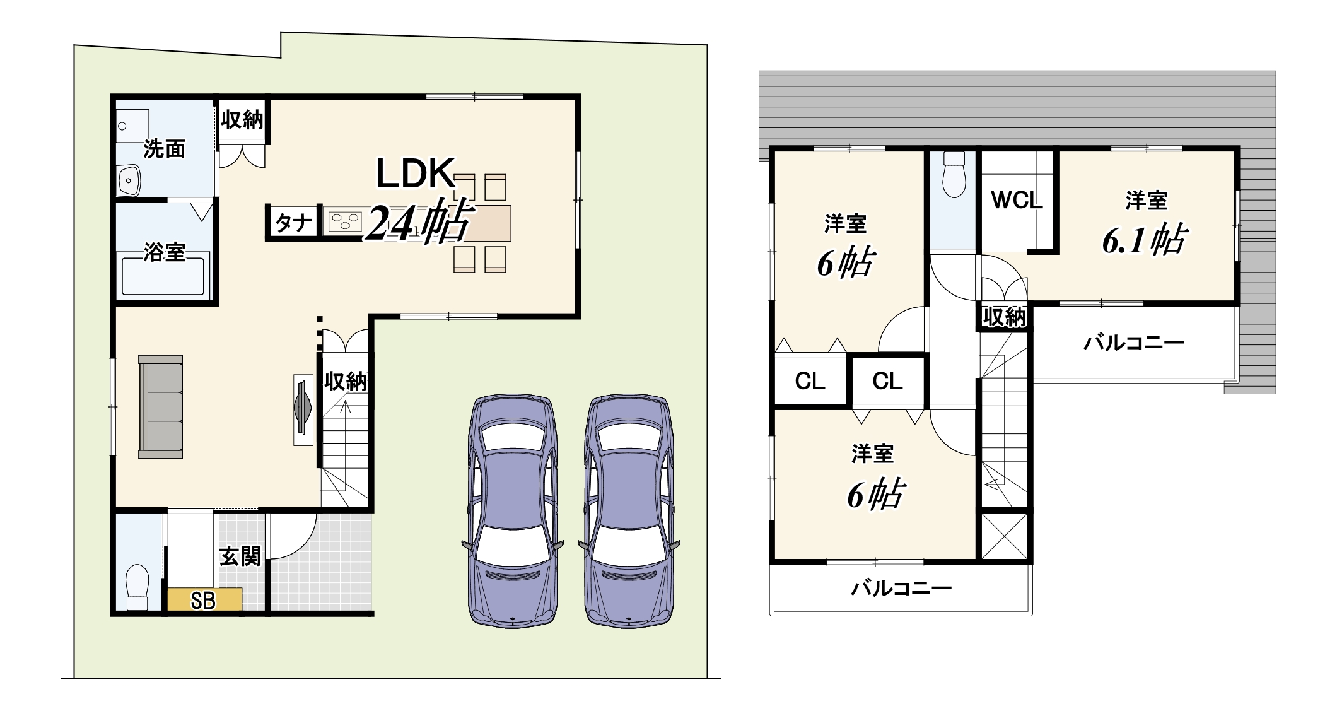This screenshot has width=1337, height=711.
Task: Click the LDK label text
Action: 416,173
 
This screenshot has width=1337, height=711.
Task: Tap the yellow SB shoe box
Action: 204,599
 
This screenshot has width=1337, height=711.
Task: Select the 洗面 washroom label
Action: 164,149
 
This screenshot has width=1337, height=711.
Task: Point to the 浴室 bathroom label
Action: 164,252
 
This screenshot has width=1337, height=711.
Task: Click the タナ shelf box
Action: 293,222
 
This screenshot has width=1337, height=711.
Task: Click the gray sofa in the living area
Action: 161,406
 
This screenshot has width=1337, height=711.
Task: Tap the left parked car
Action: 513,511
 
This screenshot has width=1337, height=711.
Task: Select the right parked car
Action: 629,511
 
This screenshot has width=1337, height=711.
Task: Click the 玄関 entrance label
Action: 240,556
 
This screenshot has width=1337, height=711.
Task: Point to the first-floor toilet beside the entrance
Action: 137,587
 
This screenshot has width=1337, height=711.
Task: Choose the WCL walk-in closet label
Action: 1017,201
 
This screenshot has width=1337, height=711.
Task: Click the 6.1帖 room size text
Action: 1144,240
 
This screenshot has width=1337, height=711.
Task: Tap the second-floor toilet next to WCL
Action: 954,175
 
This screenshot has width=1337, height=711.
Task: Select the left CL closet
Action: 810,381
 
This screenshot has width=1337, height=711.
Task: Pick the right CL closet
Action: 887,381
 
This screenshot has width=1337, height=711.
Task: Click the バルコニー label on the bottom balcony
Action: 901,589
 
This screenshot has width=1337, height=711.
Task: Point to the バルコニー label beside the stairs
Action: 1134,343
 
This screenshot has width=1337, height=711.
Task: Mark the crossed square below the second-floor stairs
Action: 1005,536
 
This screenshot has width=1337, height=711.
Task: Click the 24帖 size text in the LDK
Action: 419,221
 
